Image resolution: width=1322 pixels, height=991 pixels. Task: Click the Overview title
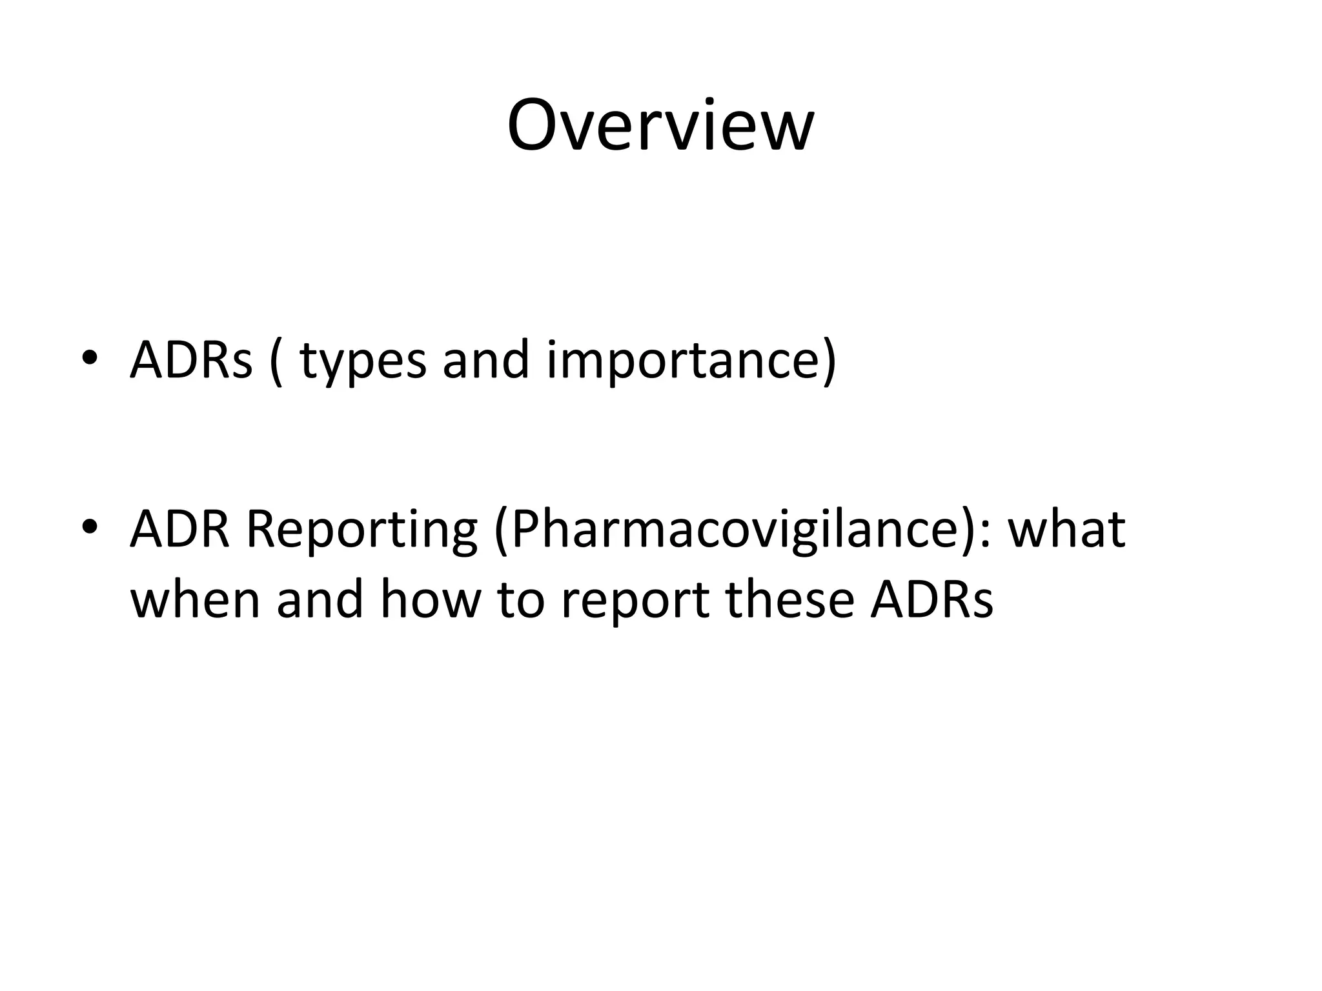coord(660,126)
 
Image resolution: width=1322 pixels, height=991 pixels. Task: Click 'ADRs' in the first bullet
coord(191,360)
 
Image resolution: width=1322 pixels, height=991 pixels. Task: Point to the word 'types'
coord(363,363)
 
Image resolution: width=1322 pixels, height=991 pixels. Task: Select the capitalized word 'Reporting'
coord(361,533)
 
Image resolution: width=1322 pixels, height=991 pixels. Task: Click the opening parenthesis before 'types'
coord(276,363)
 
